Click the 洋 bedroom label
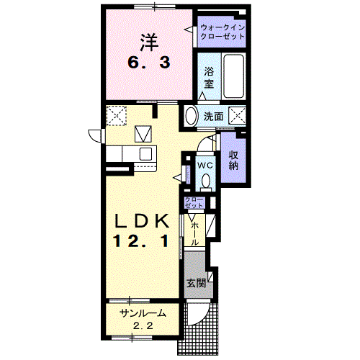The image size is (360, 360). click(149, 42)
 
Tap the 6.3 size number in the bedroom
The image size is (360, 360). click(149, 63)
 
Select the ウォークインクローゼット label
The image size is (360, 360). click(222, 32)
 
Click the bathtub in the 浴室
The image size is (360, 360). click(234, 76)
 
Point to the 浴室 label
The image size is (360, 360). click(209, 78)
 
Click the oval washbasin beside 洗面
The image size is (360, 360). click(191, 116)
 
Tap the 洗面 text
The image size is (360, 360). click(214, 117)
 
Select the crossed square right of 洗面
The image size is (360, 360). click(237, 116)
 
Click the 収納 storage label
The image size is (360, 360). click(233, 161)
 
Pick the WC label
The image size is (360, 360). click(205, 165)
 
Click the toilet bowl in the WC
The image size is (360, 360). click(206, 181)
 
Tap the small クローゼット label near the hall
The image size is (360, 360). click(194, 202)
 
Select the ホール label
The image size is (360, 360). click(195, 233)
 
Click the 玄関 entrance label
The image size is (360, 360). click(197, 284)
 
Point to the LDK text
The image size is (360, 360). click(142, 221)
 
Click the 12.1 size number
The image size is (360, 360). click(141, 240)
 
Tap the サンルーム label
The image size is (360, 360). click(143, 313)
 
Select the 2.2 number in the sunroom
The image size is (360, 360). click(143, 326)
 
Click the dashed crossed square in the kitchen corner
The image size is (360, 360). click(116, 115)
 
